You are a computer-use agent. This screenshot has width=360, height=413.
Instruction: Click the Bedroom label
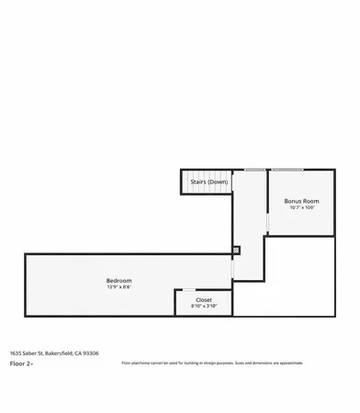118,280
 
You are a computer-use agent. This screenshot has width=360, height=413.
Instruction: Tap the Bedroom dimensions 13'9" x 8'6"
118,287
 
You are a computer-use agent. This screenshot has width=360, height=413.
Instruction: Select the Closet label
204,299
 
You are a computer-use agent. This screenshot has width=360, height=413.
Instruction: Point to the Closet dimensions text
204,306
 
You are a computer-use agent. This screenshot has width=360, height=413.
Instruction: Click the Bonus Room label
301,200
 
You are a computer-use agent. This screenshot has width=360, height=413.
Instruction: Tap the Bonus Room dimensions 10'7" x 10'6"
301,207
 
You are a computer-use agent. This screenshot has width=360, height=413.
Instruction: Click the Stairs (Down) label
208,182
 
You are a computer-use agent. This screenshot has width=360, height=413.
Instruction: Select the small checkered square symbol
236,249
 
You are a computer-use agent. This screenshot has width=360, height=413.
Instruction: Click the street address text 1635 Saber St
28,352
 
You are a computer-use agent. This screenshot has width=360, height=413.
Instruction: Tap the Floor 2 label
21,363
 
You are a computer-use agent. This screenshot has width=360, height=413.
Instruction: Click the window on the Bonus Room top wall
287,170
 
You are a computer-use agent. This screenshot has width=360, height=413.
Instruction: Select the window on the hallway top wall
253,170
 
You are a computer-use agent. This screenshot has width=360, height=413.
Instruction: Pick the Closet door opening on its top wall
187,290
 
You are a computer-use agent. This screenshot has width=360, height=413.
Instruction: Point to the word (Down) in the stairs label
218,182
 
